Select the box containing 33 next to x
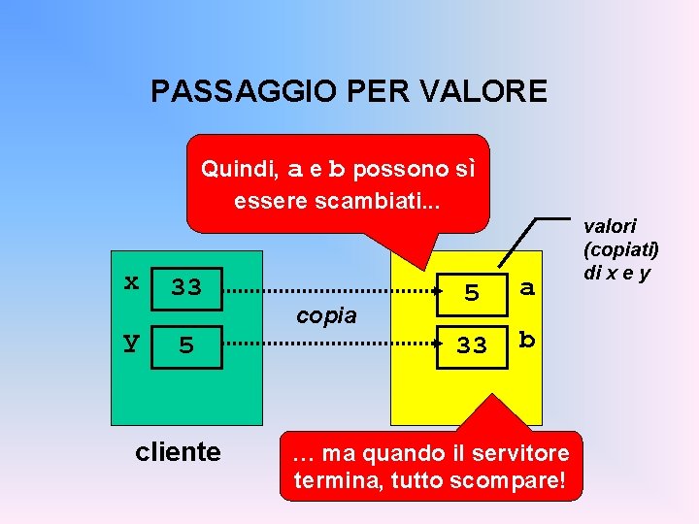pos(186,287)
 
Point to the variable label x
pos(131,281)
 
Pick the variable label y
pos(130,342)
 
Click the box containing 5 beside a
pos(472,291)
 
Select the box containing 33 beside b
pos(472,344)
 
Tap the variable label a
pos(527,287)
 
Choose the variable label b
pos(527,340)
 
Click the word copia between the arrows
pos(326,315)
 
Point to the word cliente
pos(178,451)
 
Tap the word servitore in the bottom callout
pos(524,453)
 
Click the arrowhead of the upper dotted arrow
pos(439,290)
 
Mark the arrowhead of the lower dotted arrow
pos(439,344)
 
